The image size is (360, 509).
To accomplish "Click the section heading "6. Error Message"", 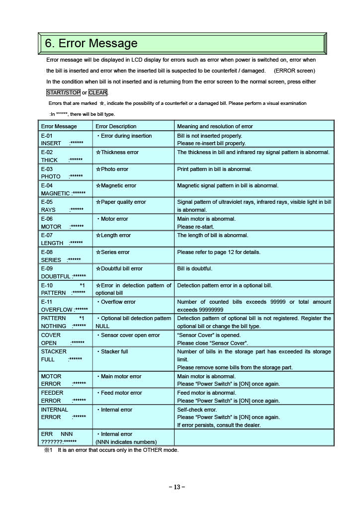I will [x=91, y=44].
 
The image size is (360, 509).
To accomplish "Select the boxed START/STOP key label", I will [x=63, y=92].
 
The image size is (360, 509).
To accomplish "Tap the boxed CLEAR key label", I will [x=98, y=92].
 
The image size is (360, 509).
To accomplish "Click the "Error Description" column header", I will [x=116, y=126].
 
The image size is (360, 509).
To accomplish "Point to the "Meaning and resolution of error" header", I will [x=215, y=126].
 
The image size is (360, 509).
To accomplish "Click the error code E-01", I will [x=47, y=136].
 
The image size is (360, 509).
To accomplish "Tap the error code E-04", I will [x=47, y=185].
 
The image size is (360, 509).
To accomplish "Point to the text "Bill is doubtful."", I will [x=194, y=268].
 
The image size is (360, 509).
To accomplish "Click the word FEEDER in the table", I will [x=52, y=393].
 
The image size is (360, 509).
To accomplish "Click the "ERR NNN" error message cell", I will [x=57, y=434].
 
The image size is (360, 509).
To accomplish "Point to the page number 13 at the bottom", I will [x=177, y=487].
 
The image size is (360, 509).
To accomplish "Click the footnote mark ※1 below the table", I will [x=48, y=450].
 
